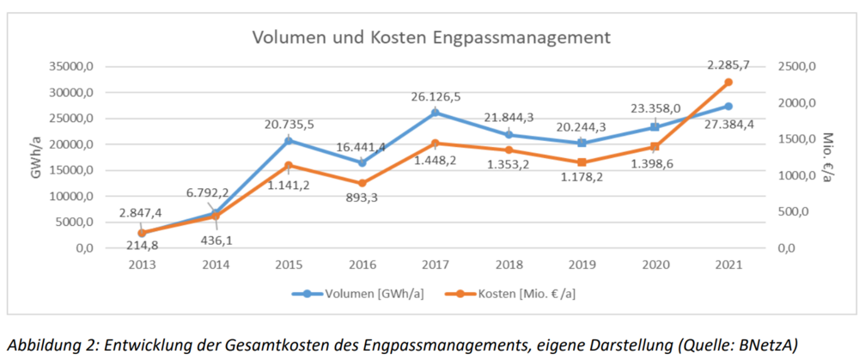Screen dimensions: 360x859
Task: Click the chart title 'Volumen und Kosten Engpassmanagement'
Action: pyautogui.click(x=430, y=38)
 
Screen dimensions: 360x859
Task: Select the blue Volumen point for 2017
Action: pyautogui.click(x=435, y=113)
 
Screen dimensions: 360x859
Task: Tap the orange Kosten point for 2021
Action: pyautogui.click(x=728, y=82)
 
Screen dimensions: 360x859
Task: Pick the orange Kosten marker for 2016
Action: pyautogui.click(x=362, y=183)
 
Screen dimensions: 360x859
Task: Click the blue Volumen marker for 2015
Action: pyautogui.click(x=289, y=140)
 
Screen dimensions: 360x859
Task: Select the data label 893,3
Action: pyautogui.click(x=362, y=200)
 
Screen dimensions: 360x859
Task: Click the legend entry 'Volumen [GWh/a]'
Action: pyautogui.click(x=370, y=294)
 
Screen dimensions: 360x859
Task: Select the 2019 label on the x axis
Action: pyautogui.click(x=581, y=265)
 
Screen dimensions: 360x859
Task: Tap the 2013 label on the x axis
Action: pyautogui.click(x=142, y=265)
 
